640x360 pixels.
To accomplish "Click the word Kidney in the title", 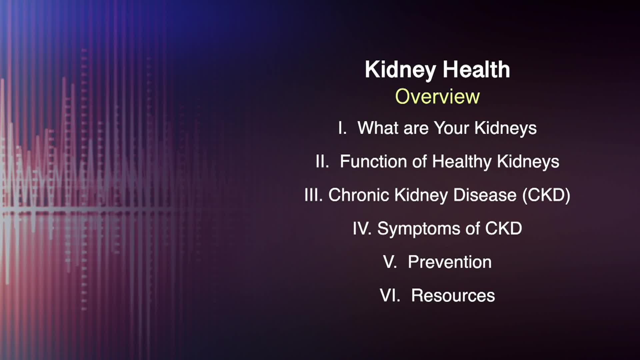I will click(x=400, y=70).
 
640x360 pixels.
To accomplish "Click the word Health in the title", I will click(x=476, y=70).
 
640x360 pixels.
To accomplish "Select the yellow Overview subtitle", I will click(x=437, y=97).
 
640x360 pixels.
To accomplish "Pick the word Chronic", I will click(x=359, y=195).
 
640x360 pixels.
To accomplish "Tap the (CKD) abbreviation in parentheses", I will click(x=546, y=195).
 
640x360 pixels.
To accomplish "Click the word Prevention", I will click(x=450, y=262).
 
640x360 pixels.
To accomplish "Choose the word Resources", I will click(x=453, y=296).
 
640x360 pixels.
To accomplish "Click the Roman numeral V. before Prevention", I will click(x=390, y=262).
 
